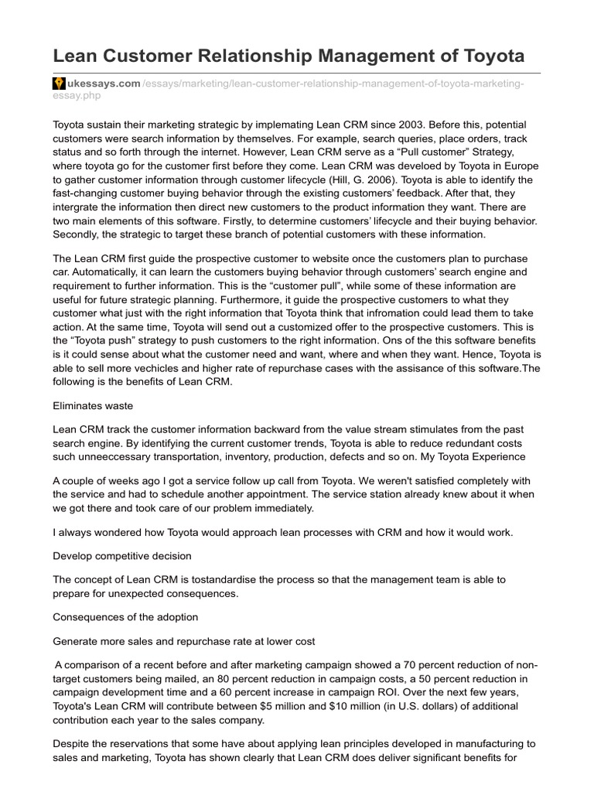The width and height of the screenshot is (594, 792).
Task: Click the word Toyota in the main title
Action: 487,56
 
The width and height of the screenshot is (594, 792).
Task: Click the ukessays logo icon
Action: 58,83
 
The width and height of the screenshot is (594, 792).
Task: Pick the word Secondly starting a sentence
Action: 77,234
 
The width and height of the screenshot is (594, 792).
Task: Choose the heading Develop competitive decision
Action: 122,556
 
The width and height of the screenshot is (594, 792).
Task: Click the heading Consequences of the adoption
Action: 125,616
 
